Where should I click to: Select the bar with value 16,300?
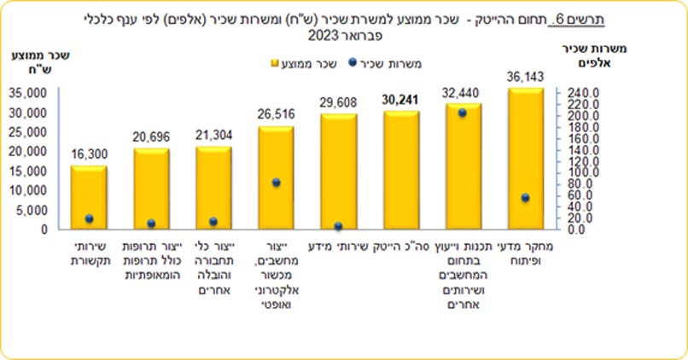click(x=88, y=197)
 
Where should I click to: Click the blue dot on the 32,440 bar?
click(x=462, y=113)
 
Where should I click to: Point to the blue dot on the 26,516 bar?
click(x=275, y=183)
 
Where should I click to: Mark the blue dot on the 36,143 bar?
click(x=525, y=198)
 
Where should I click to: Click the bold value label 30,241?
click(x=400, y=98)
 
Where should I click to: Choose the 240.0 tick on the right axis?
click(x=577, y=92)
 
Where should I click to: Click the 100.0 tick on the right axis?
click(x=577, y=172)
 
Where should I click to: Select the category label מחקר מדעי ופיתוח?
click(x=525, y=254)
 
